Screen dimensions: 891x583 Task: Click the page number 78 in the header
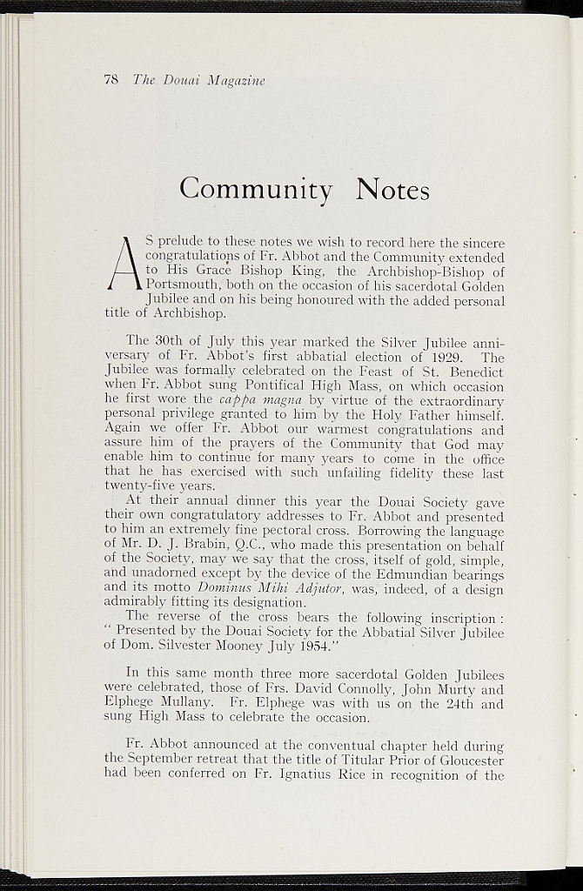click(111, 80)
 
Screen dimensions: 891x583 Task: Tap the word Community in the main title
click(256, 188)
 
